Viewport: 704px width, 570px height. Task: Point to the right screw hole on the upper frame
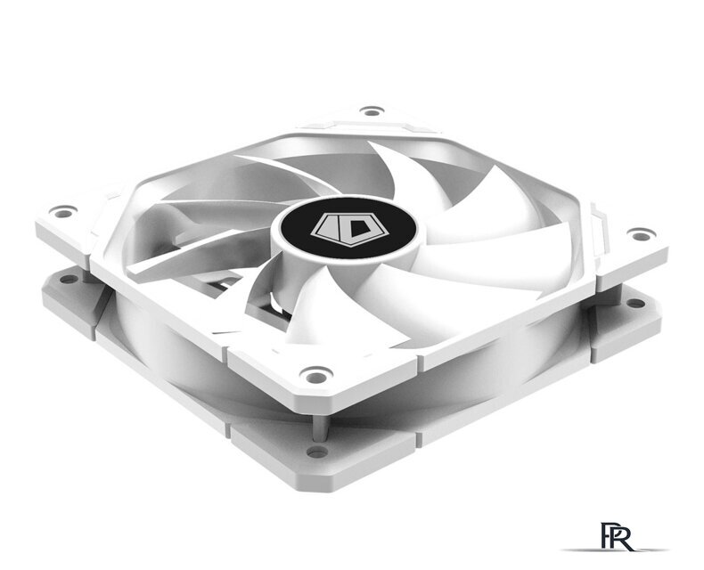(x=640, y=235)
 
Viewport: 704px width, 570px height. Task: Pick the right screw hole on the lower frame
(x=634, y=303)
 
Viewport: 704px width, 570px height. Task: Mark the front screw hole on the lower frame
(x=316, y=452)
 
